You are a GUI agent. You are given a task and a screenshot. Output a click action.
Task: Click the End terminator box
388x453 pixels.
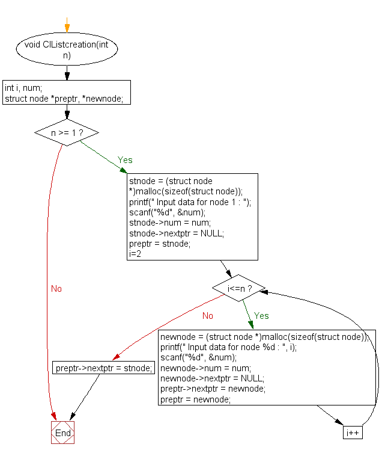tap(62, 433)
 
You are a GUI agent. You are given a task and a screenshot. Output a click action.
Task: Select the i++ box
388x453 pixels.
tap(353, 433)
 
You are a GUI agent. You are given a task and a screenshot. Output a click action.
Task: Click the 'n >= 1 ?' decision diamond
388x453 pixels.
tap(67, 132)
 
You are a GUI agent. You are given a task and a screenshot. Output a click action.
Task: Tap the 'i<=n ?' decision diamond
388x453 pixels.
tap(238, 289)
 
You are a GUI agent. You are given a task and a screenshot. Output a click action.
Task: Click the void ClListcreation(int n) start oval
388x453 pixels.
tap(67, 51)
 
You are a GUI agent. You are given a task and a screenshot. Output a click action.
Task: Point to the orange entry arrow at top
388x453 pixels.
tap(67, 27)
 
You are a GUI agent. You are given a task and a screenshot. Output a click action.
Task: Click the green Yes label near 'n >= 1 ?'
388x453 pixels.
tap(125, 161)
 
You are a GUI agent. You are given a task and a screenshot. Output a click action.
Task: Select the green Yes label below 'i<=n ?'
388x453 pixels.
tap(261, 316)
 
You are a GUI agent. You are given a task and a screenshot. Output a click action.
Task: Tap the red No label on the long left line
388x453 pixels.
tap(56, 289)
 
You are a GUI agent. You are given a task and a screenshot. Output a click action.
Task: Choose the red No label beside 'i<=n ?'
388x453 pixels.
tap(208, 316)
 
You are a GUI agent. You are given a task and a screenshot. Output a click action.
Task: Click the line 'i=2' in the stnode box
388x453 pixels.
tap(136, 254)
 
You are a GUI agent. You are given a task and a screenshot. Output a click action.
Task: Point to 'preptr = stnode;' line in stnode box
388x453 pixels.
tap(160, 244)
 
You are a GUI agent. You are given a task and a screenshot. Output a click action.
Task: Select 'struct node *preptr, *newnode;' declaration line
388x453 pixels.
tap(64, 98)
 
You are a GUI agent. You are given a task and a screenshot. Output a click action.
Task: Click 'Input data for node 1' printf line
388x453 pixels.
tap(190, 202)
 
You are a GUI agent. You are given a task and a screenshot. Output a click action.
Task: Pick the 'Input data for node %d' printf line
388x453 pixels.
tap(228, 347)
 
